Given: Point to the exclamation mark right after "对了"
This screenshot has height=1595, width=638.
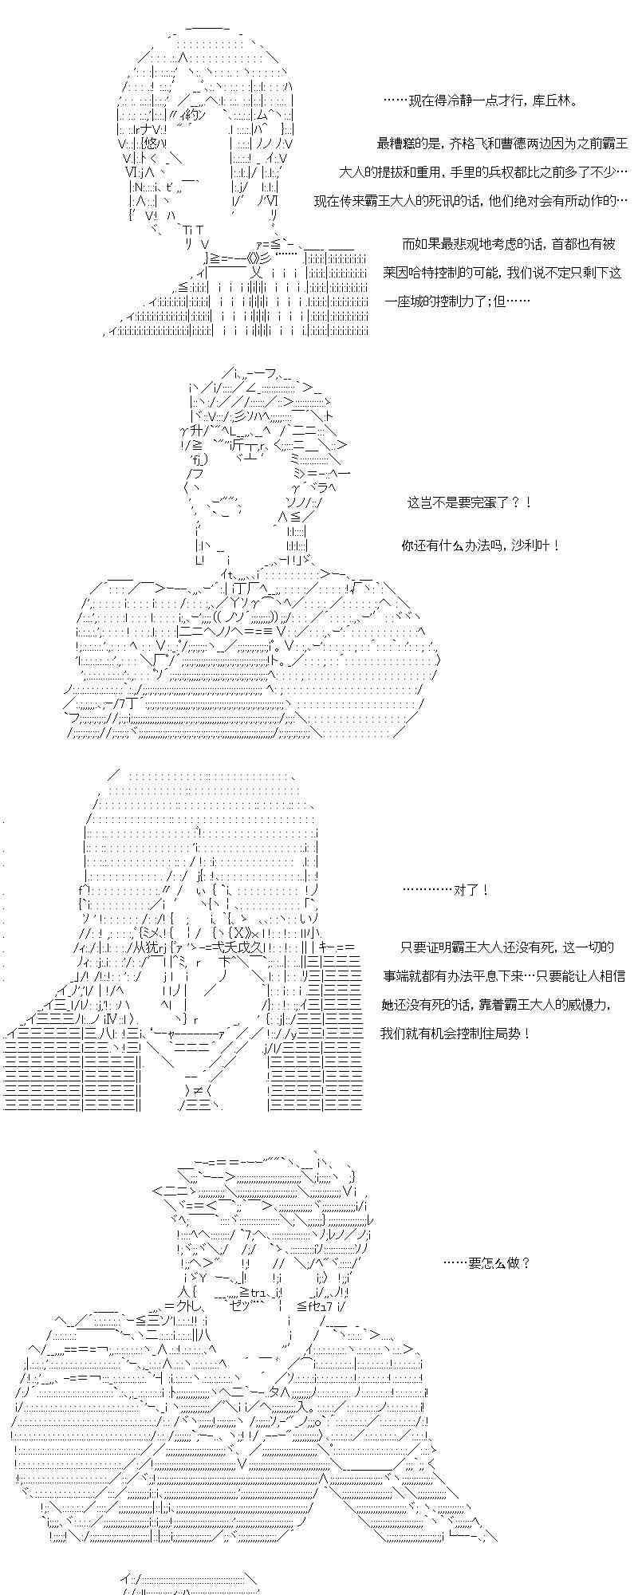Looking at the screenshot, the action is coord(486,890).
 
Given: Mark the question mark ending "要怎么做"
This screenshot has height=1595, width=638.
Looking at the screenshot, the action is coord(525,1262).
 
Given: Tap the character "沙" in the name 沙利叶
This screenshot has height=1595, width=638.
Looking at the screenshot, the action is coord(529,545).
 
